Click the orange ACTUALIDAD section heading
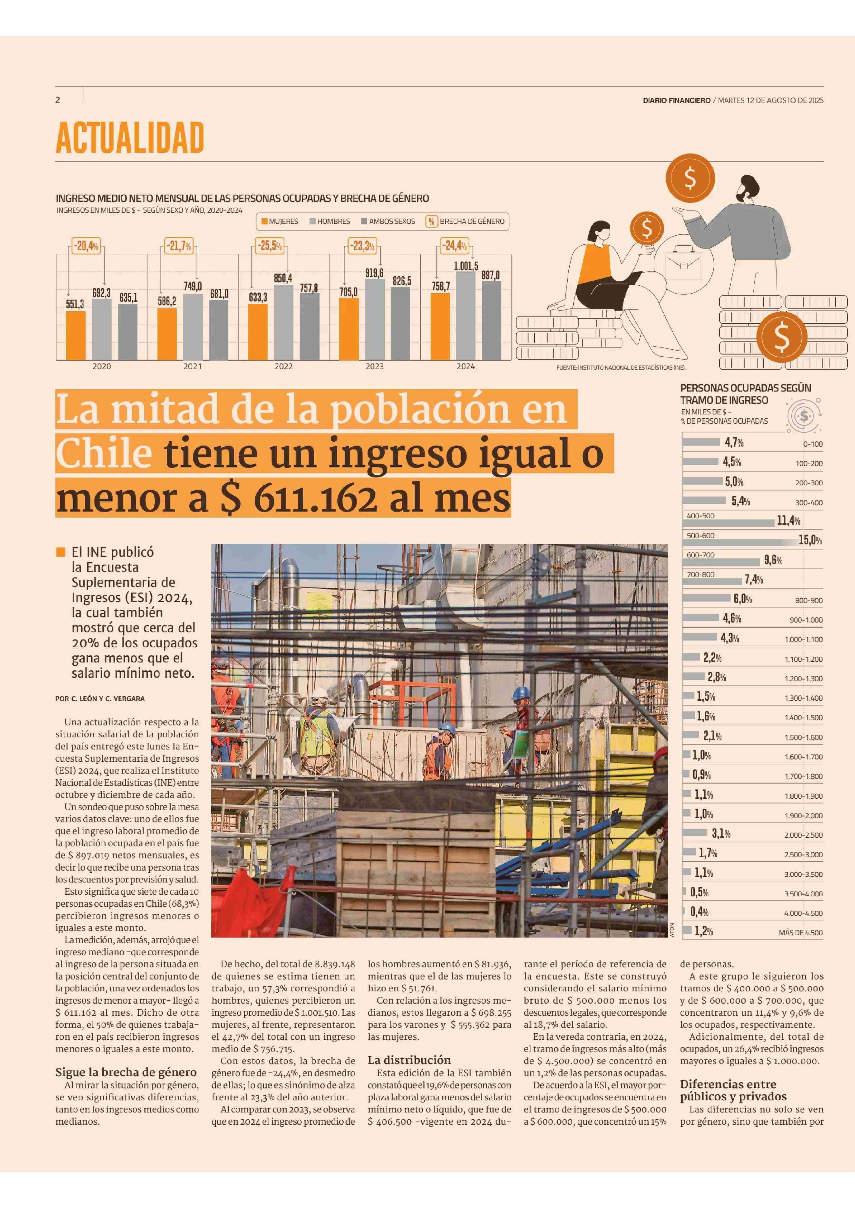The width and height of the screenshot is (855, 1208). click(129, 138)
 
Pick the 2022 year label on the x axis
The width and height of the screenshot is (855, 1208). click(283, 366)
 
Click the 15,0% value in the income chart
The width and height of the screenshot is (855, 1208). click(810, 540)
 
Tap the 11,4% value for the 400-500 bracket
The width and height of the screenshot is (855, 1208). click(788, 521)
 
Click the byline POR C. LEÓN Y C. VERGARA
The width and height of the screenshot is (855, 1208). click(100, 699)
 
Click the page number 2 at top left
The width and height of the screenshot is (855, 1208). click(58, 100)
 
